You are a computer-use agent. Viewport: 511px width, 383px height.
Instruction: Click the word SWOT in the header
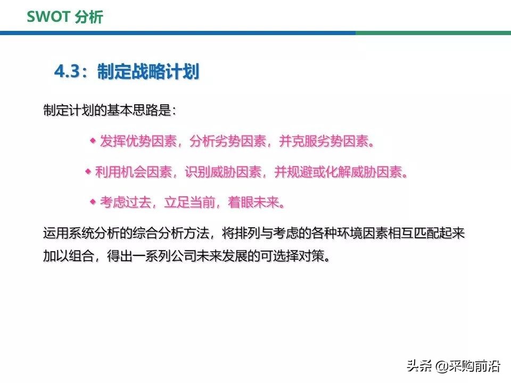(48, 17)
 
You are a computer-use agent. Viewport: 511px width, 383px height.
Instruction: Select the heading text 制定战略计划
(148, 72)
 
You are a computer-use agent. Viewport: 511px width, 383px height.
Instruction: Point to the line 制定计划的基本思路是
(109, 111)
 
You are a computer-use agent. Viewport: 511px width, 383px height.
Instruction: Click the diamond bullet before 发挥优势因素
(93, 141)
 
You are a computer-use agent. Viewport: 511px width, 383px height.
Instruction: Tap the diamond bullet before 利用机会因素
(88, 171)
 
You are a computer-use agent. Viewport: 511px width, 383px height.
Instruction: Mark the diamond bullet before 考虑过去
(93, 202)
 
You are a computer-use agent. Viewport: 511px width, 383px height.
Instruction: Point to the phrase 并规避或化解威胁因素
(340, 172)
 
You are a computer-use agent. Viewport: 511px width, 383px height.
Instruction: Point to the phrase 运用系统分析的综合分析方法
(126, 234)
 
